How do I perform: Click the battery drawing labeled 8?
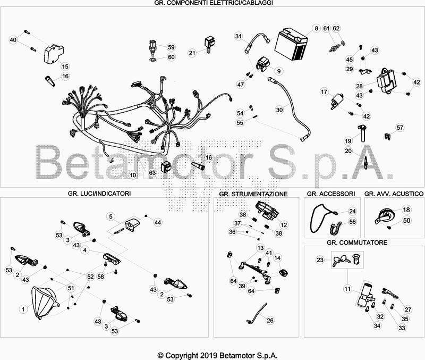291,44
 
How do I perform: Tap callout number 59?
171,47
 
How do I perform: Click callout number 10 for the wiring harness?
133,175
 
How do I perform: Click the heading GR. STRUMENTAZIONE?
253,194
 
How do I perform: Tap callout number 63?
152,173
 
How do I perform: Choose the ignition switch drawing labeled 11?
364,296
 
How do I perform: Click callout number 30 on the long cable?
279,110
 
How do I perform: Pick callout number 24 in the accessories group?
352,211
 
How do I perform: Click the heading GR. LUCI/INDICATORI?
99,194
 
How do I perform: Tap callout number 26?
270,321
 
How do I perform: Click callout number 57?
400,128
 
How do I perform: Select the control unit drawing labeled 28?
386,81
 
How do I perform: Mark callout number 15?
65,66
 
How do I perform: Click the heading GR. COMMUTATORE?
356,242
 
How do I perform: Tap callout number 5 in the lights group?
110,216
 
